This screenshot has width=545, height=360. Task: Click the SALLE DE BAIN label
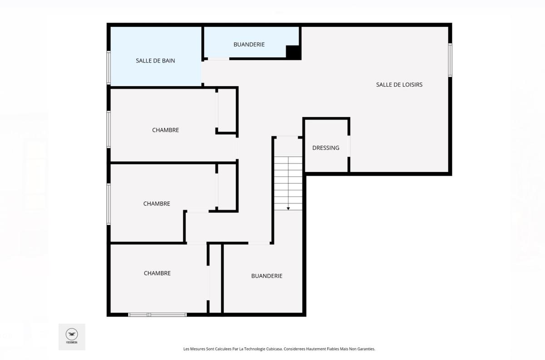tap(155, 60)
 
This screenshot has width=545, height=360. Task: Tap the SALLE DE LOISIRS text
tap(399, 84)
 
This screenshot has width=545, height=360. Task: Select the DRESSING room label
tap(326, 148)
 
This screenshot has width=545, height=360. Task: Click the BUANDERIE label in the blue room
tap(249, 44)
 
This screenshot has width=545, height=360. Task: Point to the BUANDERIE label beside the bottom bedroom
tap(267, 276)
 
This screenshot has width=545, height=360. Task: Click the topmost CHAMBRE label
tap(165, 130)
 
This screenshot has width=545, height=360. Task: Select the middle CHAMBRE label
tap(157, 203)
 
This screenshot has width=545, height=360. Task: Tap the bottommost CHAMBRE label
tap(157, 273)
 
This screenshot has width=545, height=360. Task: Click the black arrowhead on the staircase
tap(288, 208)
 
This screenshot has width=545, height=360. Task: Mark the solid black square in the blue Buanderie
tap(293, 52)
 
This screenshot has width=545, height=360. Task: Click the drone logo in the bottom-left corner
tap(72, 335)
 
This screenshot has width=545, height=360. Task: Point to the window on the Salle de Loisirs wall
tap(450, 59)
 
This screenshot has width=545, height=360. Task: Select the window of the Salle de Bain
tap(109, 68)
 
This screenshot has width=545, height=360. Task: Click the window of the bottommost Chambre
tap(157, 314)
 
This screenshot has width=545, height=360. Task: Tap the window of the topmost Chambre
tap(109, 129)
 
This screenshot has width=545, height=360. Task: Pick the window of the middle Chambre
tap(109, 203)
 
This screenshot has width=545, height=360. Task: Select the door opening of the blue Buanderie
tap(218, 59)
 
